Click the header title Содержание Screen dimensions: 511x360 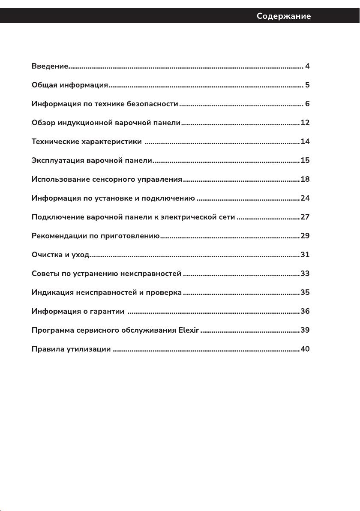click(x=284, y=16)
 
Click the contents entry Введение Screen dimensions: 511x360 click(x=50, y=66)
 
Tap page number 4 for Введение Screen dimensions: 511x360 click(x=307, y=66)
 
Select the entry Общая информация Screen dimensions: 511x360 click(x=70, y=85)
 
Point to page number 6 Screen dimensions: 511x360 click(x=307, y=104)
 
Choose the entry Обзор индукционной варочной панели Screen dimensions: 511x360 click(x=106, y=123)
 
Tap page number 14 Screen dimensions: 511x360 click(x=305, y=141)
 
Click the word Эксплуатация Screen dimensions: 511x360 click(x=58, y=160)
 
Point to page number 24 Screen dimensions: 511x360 click(x=305, y=198)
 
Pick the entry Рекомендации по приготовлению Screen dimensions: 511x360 click(x=96, y=236)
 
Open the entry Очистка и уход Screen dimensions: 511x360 click(x=60, y=255)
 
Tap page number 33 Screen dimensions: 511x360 click(x=305, y=274)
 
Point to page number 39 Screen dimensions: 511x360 click(x=305, y=330)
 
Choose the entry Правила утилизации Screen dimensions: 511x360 click(x=71, y=349)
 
